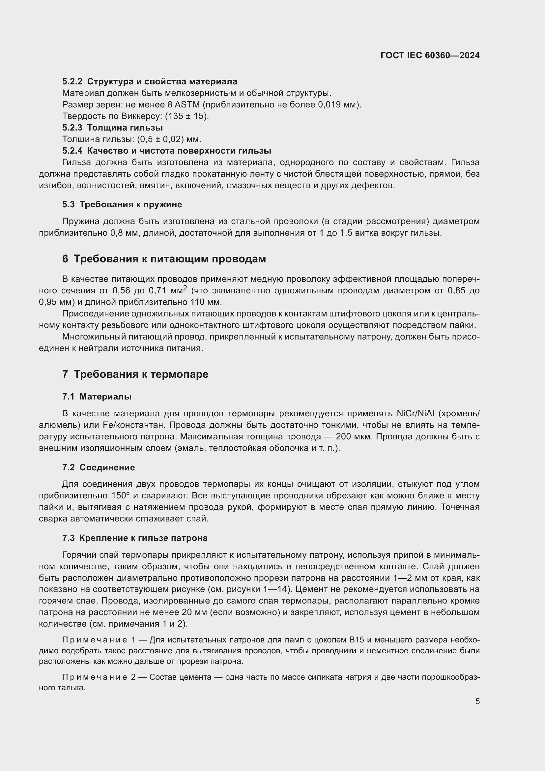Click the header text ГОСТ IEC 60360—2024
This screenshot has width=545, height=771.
(430, 56)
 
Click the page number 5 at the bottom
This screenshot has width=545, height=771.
(477, 701)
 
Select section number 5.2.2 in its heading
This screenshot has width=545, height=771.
(72, 82)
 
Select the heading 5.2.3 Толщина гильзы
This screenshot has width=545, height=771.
(112, 128)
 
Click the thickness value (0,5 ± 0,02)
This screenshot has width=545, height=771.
(162, 139)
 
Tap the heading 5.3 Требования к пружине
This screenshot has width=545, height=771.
(122, 204)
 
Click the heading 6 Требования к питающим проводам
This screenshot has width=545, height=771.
(164, 259)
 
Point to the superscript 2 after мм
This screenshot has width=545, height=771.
(185, 288)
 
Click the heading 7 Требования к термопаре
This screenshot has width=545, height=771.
(135, 374)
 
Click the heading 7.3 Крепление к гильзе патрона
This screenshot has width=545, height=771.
(135, 538)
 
